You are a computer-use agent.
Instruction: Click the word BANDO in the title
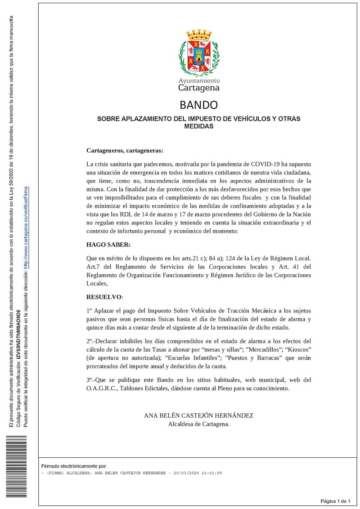(x=198, y=105)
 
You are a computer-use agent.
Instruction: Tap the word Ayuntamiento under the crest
(x=199, y=80)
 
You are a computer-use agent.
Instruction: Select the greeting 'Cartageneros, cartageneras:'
(x=125, y=151)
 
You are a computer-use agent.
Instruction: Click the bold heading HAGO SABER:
(x=108, y=245)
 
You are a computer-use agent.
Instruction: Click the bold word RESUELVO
(x=104, y=297)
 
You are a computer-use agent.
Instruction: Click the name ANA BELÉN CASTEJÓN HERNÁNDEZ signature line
(x=198, y=415)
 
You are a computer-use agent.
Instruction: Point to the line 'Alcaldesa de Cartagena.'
(x=198, y=424)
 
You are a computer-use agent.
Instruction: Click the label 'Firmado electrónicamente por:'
(x=74, y=466)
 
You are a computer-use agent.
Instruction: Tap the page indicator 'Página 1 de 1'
(x=335, y=501)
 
